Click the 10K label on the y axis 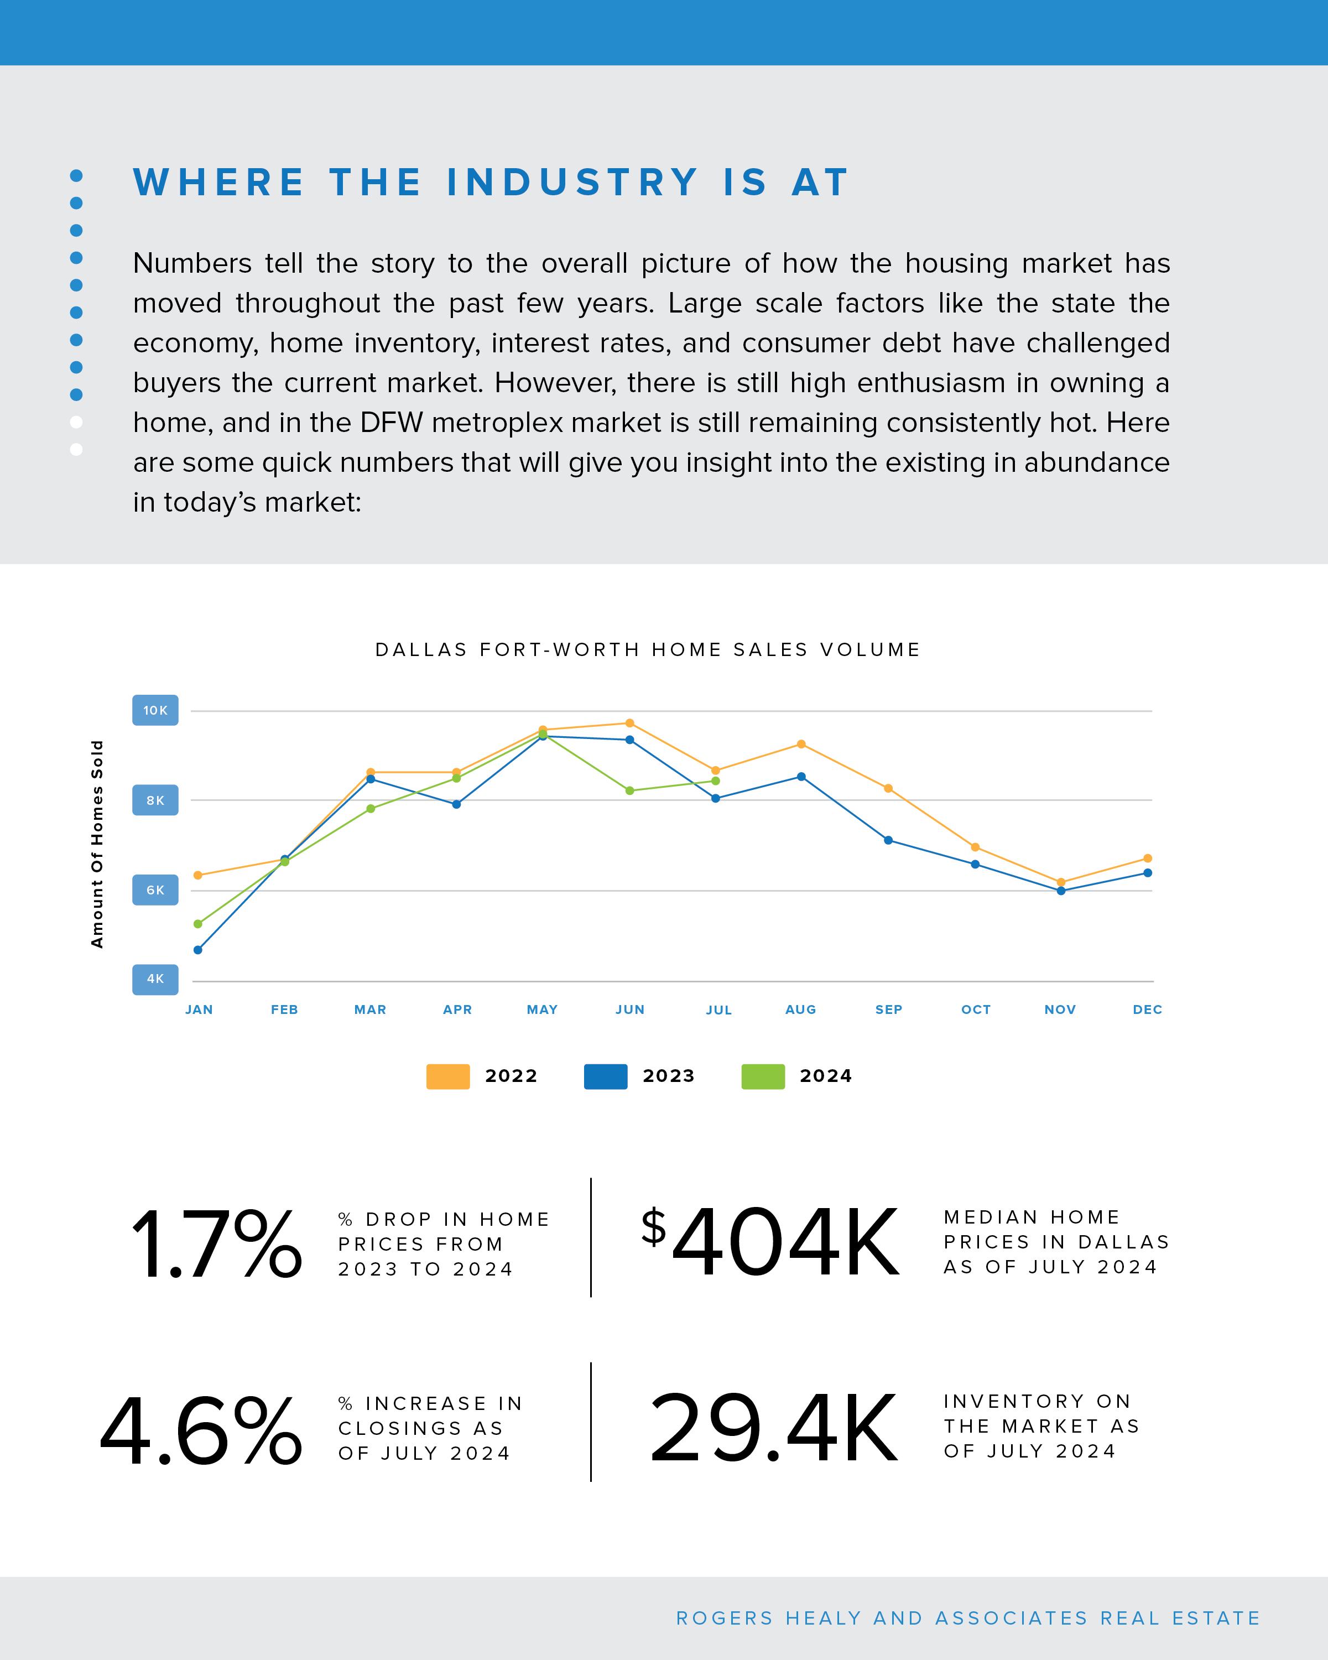pyautogui.click(x=155, y=710)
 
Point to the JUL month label pyautogui.click(x=718, y=1010)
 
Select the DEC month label pyautogui.click(x=1147, y=1009)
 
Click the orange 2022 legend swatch pyautogui.click(x=447, y=1076)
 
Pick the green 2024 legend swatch pyautogui.click(x=762, y=1076)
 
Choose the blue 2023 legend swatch pyautogui.click(x=605, y=1076)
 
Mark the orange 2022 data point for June pyautogui.click(x=630, y=723)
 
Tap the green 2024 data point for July pyautogui.click(x=716, y=780)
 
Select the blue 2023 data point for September pyautogui.click(x=888, y=840)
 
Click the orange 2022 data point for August pyautogui.click(x=801, y=744)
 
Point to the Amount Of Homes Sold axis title pyautogui.click(x=97, y=844)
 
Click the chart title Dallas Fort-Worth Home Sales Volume pyautogui.click(x=648, y=650)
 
